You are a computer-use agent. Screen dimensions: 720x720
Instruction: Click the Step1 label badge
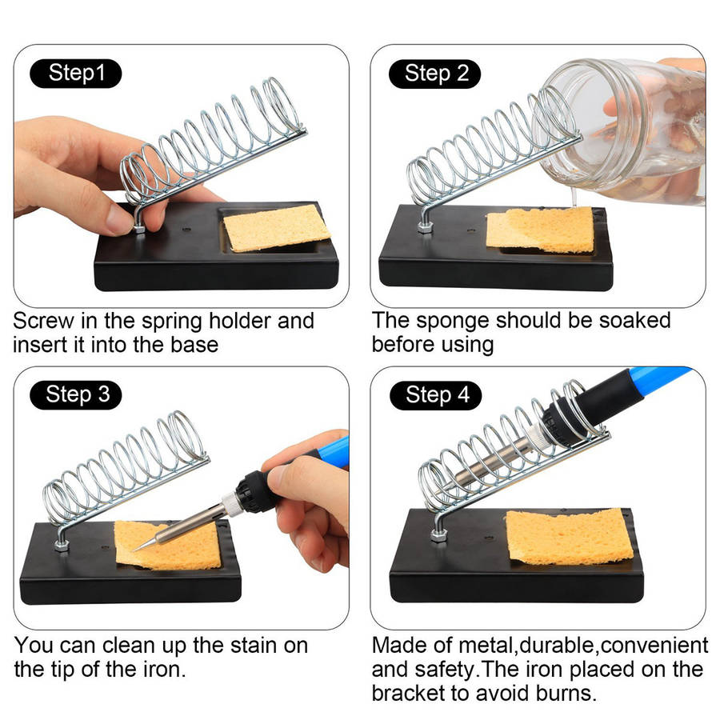76,73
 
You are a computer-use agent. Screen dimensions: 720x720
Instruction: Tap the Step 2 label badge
435,74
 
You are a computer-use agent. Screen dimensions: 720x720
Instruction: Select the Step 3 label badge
76,395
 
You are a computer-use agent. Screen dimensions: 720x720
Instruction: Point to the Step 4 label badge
436,395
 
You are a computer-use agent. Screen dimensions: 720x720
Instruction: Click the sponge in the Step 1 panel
277,228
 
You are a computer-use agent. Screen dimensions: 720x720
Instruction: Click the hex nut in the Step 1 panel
138,227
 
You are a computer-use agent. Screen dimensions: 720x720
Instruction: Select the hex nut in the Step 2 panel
426,227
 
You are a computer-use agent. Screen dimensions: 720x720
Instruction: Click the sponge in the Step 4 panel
570,537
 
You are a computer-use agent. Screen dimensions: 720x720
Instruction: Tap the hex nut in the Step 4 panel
439,535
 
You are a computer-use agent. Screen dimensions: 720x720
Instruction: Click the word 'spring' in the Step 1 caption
171,322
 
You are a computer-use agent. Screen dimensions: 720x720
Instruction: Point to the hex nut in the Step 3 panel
62,546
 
